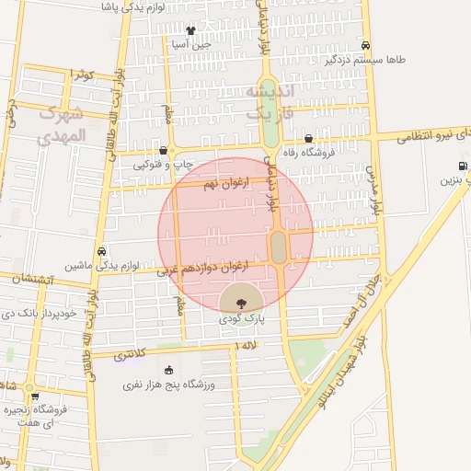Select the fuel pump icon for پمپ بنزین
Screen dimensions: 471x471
[x=462, y=166]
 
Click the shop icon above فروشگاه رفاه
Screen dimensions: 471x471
[x=307, y=139]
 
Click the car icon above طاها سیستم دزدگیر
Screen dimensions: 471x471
[x=366, y=45]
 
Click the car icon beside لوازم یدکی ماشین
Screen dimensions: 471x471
[x=101, y=251]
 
